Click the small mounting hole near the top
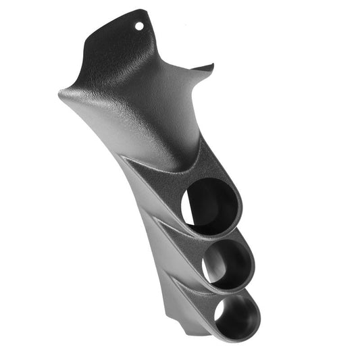[140, 26]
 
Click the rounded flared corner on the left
[62, 95]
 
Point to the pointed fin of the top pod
[125, 157]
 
